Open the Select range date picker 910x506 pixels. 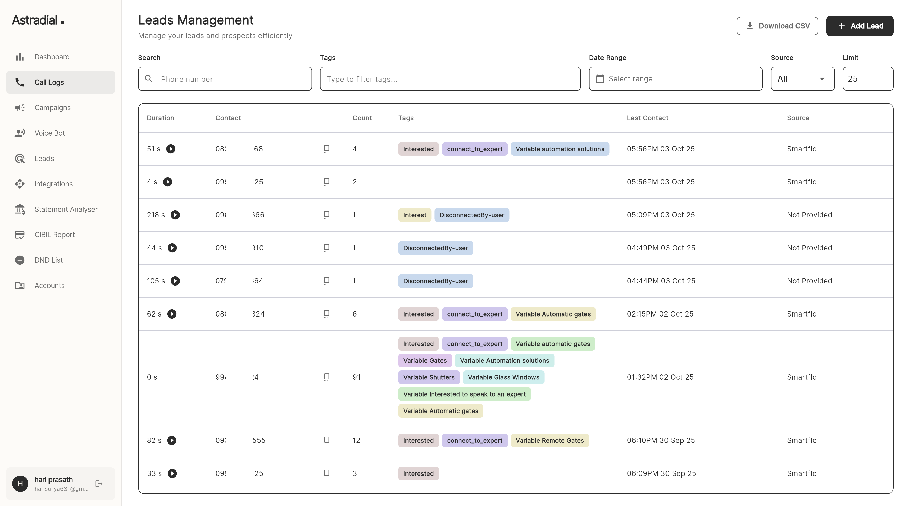675,79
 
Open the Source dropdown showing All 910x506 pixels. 802,79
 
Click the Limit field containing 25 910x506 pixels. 867,79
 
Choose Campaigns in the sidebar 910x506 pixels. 52,108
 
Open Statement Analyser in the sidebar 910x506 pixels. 66,209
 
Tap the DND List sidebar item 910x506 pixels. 48,260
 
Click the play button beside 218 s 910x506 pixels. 175,215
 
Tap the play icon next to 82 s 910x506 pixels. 172,440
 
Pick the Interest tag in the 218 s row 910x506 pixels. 414,215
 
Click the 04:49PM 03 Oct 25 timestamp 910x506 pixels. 661,248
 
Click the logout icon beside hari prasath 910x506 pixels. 99,483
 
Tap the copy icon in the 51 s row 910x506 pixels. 326,149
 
